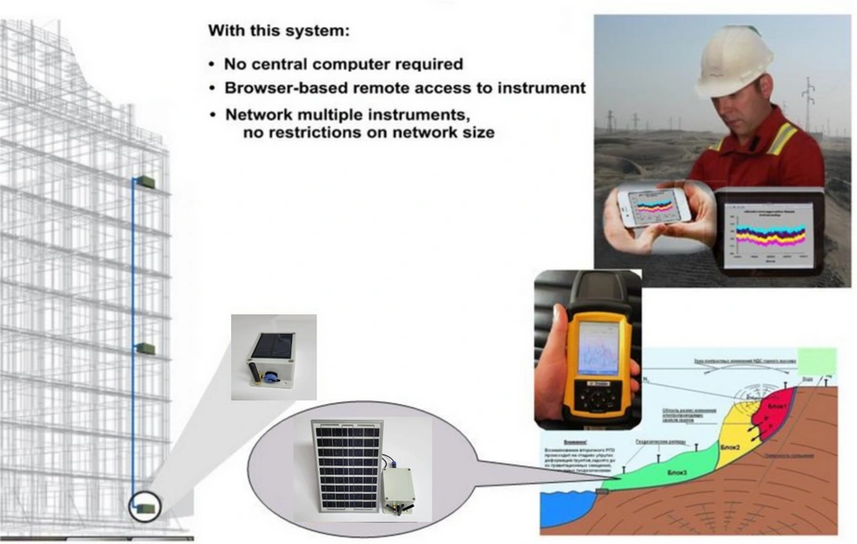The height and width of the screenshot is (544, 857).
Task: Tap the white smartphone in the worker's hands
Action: pos(655,206)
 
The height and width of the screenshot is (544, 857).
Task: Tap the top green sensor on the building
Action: pos(145,183)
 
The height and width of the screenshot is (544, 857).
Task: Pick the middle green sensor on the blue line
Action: pos(145,348)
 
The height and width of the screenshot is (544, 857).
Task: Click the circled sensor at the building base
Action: pos(145,506)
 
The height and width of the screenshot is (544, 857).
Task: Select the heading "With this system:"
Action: pos(278,31)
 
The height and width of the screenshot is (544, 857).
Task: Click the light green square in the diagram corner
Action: pos(816,362)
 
